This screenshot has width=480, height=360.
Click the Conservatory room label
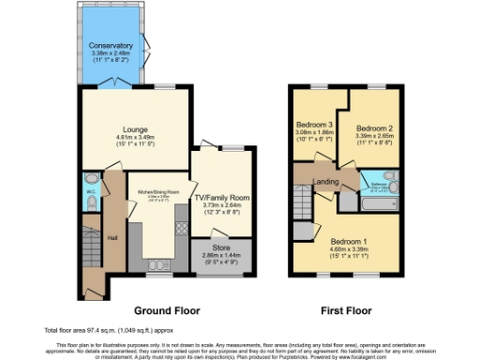click(111, 46)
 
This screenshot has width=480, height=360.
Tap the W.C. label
click(90, 193)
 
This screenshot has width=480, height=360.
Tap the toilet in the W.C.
click(89, 179)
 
